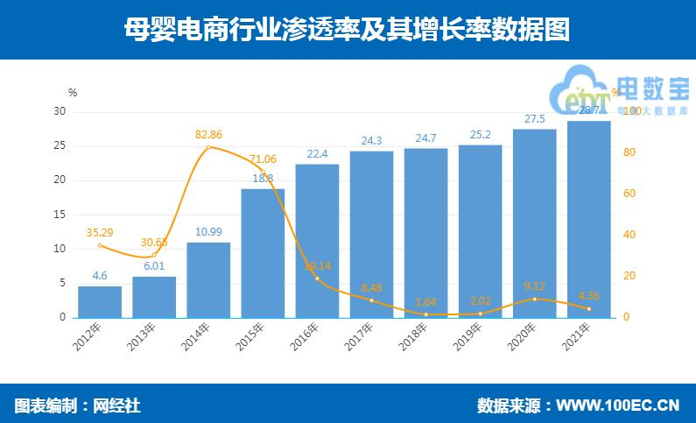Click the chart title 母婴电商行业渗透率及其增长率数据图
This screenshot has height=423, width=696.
347,30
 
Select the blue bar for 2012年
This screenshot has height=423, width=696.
100,301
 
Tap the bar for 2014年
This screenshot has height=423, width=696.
208,279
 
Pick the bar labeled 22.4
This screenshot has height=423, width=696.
317,241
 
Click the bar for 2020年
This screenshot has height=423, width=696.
534,223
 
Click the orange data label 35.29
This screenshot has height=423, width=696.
100,233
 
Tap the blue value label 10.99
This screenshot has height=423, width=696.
208,232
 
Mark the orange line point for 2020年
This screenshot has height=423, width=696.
534,299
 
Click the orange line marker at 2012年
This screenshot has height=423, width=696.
100,245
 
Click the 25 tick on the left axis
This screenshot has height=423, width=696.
60,145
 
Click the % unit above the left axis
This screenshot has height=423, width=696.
73,92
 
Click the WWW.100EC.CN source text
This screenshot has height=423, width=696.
618,406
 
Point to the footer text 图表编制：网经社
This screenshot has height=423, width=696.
78,406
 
